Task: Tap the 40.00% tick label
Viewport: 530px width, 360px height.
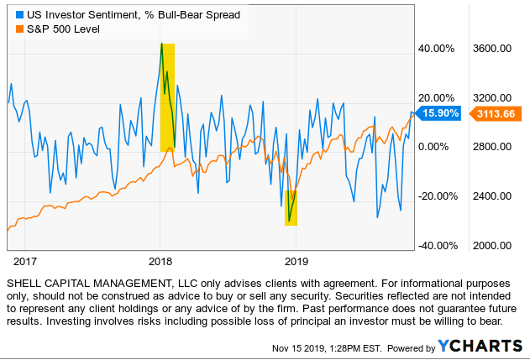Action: pyautogui.click(x=436, y=49)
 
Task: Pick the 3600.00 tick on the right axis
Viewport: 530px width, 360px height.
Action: pyautogui.click(x=492, y=49)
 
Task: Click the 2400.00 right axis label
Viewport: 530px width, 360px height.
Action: pyautogui.click(x=492, y=196)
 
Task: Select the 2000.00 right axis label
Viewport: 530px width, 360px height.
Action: pyautogui.click(x=492, y=246)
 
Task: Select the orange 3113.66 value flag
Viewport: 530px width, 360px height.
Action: pyautogui.click(x=496, y=113)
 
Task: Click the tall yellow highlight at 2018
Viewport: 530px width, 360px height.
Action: pyautogui.click(x=167, y=97)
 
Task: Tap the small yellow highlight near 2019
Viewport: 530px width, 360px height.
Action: pyautogui.click(x=291, y=207)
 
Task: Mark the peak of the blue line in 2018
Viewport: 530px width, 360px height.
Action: pyautogui.click(x=161, y=43)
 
